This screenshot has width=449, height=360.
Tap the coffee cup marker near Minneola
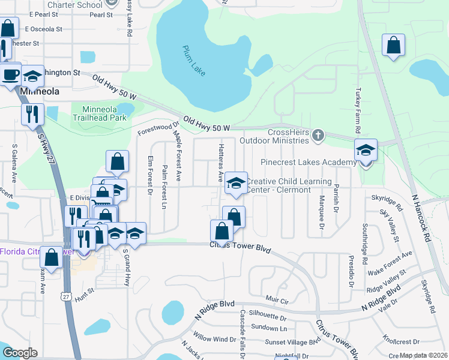click(10, 74)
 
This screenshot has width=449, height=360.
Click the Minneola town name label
click(40, 92)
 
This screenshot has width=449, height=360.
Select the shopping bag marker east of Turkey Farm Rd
click(393, 45)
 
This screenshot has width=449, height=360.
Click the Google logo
click(19, 353)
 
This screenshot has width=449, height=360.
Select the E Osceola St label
click(44, 29)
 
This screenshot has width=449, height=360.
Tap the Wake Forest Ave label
click(390, 259)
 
